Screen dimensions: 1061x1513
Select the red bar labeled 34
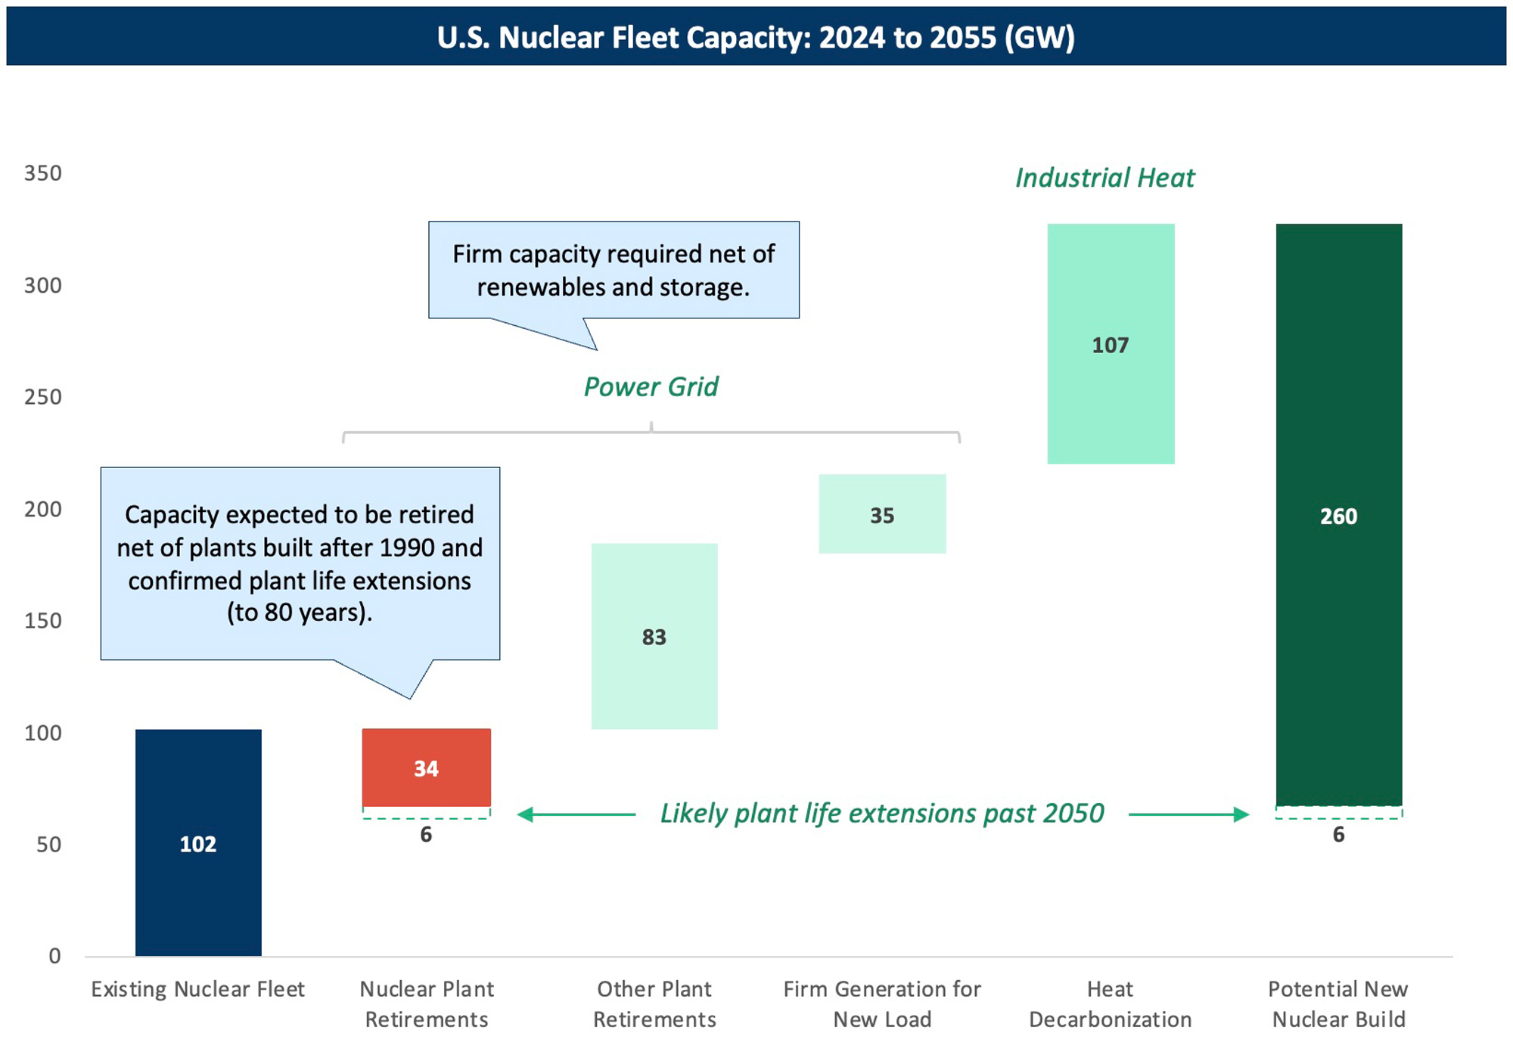coord(426,768)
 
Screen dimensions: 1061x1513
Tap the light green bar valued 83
coord(654,636)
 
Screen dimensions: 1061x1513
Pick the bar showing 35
coord(882,514)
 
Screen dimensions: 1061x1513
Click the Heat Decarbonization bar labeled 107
coord(1110,344)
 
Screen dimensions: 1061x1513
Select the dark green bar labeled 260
coord(1338,515)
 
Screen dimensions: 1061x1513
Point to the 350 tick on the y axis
coord(43,173)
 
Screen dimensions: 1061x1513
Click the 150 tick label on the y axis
coord(43,621)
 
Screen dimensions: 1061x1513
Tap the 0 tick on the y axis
coord(54,956)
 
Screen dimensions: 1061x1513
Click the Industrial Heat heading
coord(1104,178)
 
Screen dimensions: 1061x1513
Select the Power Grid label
coord(651,386)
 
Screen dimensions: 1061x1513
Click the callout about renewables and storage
coord(614,270)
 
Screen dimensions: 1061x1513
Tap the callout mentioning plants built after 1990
coord(300,563)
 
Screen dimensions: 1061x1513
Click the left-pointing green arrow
coord(576,814)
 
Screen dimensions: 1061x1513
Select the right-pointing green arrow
coord(1188,814)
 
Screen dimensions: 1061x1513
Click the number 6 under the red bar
coord(426,834)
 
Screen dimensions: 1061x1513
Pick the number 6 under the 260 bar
coord(1338,834)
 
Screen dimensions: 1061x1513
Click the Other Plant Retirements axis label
coord(654,1004)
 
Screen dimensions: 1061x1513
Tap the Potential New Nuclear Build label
coord(1338,1004)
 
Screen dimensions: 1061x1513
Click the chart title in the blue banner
coord(756,37)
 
